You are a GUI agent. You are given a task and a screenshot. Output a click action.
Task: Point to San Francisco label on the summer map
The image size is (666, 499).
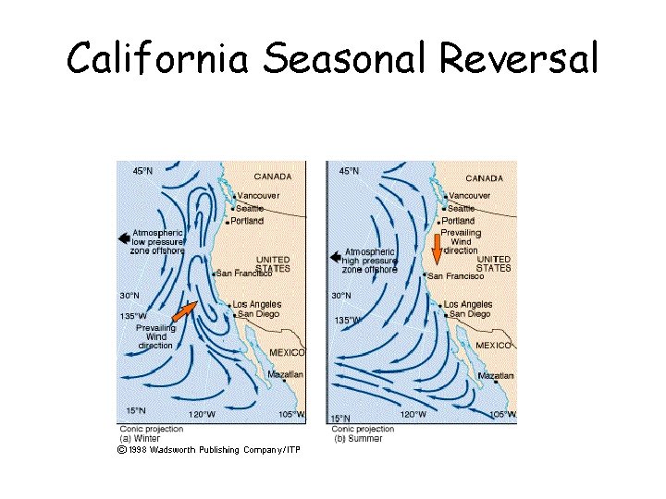point(455,276)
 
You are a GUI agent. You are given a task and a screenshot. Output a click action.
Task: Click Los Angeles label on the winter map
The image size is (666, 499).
point(256,305)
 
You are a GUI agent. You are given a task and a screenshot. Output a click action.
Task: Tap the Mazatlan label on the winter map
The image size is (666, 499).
point(285,374)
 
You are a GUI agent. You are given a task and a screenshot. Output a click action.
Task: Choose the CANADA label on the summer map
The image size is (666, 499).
point(485,178)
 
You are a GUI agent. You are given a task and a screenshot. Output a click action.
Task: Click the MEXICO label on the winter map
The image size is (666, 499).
point(286,353)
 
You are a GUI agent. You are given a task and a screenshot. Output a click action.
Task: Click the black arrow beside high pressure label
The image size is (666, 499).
point(336,257)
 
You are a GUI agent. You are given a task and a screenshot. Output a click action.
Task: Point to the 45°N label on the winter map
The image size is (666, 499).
point(142,171)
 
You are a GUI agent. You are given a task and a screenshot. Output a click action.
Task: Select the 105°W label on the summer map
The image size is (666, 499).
point(502,414)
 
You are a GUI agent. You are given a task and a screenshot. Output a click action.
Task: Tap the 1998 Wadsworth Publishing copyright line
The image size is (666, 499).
point(208,450)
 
